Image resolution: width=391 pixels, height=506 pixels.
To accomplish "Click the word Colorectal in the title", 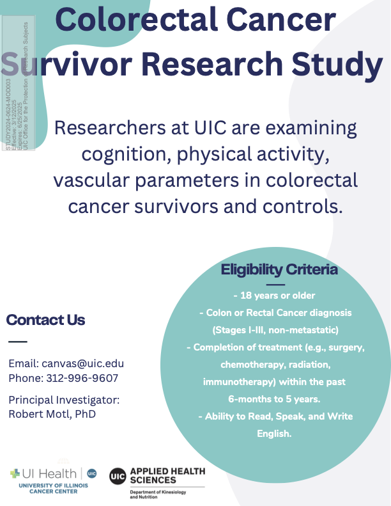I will click(x=142, y=20).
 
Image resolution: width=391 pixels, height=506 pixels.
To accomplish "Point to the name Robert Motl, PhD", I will click(x=52, y=413).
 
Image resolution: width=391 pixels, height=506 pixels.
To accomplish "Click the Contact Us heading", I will click(x=45, y=320).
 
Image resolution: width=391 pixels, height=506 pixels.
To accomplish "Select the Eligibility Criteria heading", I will click(x=279, y=270).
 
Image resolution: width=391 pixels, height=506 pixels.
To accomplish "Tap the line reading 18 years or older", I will click(x=275, y=296).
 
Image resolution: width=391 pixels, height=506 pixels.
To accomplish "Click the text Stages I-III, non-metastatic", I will click(x=275, y=330).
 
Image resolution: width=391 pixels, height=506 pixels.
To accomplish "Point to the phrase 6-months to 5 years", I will click(x=275, y=399).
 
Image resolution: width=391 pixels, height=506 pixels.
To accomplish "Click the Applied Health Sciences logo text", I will click(x=167, y=475).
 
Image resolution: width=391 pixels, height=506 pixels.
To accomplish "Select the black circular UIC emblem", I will click(x=118, y=477).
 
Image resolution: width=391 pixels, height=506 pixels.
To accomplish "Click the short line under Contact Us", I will click(x=18, y=342).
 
